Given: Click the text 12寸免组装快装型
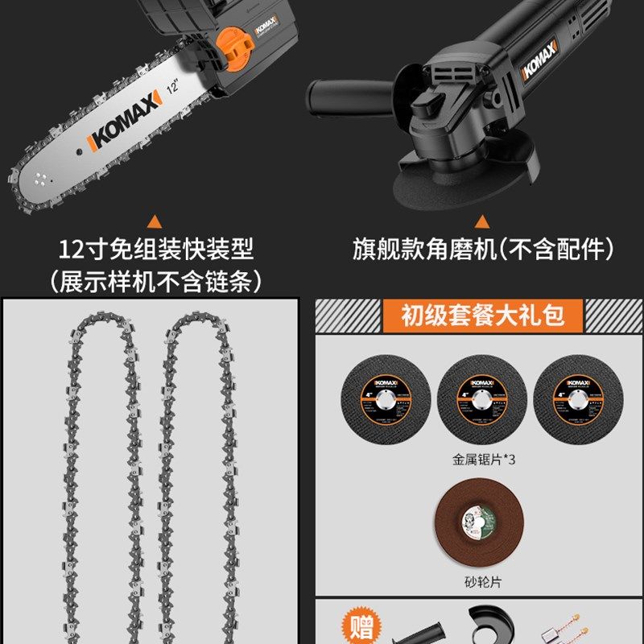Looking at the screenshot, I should pos(156,249).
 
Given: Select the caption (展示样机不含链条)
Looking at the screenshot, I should pos(156,280).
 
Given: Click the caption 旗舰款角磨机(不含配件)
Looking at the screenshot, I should pos(481,249).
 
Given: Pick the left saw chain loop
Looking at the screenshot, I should pos(100,475).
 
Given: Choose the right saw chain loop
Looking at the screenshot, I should pos(196,475).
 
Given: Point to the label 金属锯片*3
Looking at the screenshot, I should pos(481,460).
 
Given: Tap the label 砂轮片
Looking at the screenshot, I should pos(481,581).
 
